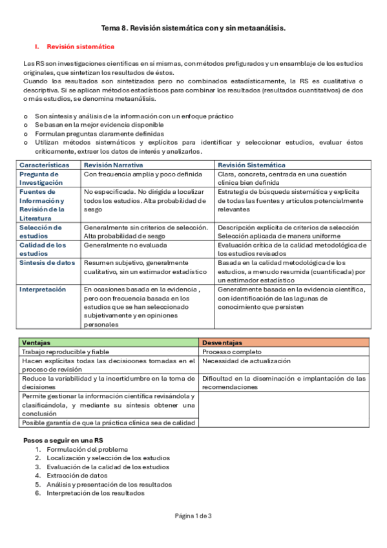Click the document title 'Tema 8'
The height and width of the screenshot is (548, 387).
(x=193, y=28)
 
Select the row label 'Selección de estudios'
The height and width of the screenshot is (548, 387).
(x=41, y=231)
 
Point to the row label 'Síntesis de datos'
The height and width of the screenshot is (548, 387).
(x=47, y=263)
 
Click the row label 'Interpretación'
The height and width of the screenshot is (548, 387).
(x=43, y=290)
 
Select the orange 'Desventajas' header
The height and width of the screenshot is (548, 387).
(x=222, y=342)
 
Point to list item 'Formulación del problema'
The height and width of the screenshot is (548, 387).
(x=87, y=448)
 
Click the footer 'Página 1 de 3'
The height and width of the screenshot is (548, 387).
(x=193, y=516)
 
